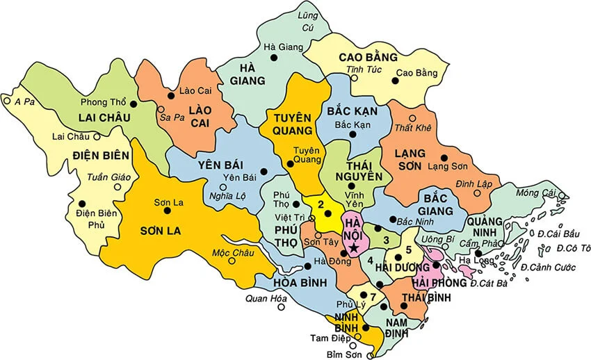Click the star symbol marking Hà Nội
coord(355,247)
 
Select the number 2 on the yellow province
coord(321,204)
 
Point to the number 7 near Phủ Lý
coord(373,297)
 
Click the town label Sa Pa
coord(171,119)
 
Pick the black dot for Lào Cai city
coord(171,96)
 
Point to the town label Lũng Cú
coord(307,22)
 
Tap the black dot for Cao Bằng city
coord(395,81)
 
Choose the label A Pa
coord(24,101)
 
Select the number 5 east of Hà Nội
coord(410,249)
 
